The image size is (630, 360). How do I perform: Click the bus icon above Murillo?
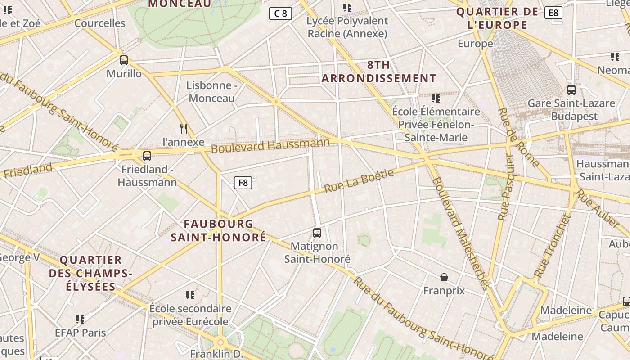click(x=124, y=60)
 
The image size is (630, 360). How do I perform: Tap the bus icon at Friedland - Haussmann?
click(x=147, y=156)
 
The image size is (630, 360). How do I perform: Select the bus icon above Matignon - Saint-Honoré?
click(x=317, y=233)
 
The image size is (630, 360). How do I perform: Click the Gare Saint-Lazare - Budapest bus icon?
click(x=571, y=90)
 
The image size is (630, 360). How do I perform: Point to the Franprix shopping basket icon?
click(x=444, y=277)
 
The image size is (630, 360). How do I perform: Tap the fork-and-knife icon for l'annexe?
click(x=184, y=129)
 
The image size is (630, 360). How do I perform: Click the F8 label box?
click(x=243, y=182)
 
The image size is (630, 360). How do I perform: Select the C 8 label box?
click(x=280, y=13)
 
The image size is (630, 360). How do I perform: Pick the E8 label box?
click(x=553, y=13)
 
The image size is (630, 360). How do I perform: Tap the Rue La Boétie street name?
click(x=359, y=181)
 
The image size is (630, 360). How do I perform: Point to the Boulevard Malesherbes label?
click(x=460, y=233)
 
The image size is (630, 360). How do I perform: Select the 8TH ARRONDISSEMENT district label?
click(x=379, y=72)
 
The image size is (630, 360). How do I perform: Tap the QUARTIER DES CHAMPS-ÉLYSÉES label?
click(x=91, y=273)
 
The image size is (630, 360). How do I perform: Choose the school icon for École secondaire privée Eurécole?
click(x=190, y=295)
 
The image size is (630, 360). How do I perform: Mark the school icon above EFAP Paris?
click(x=80, y=319)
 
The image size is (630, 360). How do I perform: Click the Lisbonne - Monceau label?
click(x=211, y=92)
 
